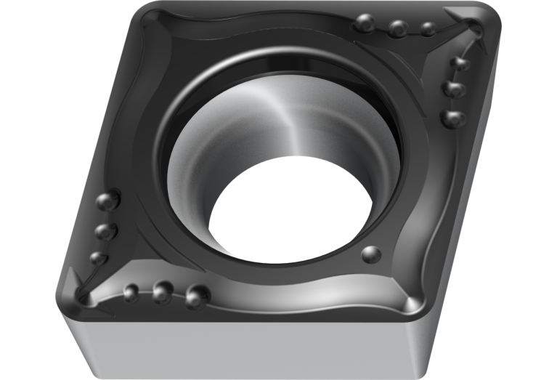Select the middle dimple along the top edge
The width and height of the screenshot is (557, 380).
tap(397, 29)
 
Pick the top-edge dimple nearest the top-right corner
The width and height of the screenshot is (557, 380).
tap(428, 29)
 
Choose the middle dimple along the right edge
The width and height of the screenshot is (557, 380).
tap(455, 89)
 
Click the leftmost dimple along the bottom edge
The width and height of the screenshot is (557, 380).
tap(131, 292)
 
